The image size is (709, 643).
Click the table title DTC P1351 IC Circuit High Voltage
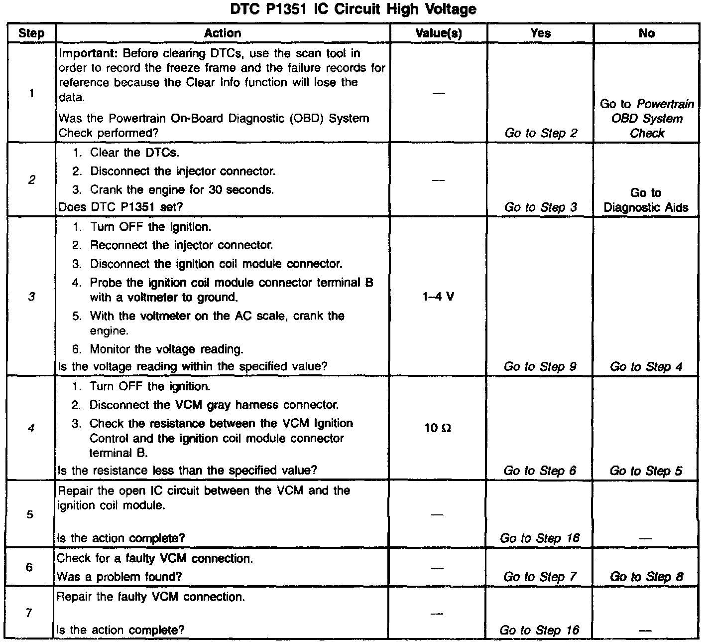click(353, 9)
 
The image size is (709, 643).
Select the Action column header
click(223, 33)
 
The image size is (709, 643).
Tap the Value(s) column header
click(439, 33)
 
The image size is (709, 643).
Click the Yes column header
click(541, 33)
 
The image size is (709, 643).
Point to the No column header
click(646, 33)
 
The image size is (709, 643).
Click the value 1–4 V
click(438, 297)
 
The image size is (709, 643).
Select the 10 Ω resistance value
click(438, 428)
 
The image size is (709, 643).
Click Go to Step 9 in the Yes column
click(540, 367)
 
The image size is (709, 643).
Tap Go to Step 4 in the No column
click(646, 367)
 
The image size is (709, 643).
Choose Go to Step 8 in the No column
click(646, 577)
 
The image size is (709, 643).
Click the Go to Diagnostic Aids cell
click(646, 200)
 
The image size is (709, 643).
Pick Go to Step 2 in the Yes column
click(541, 133)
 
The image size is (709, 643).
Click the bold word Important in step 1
click(88, 53)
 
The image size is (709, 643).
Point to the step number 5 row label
click(30, 514)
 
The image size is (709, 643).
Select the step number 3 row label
click(31, 297)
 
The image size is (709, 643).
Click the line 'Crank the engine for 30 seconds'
click(182, 190)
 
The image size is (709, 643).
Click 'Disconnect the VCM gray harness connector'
click(214, 405)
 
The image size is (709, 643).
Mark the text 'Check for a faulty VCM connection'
click(155, 558)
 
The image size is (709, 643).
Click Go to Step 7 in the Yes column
click(540, 577)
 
